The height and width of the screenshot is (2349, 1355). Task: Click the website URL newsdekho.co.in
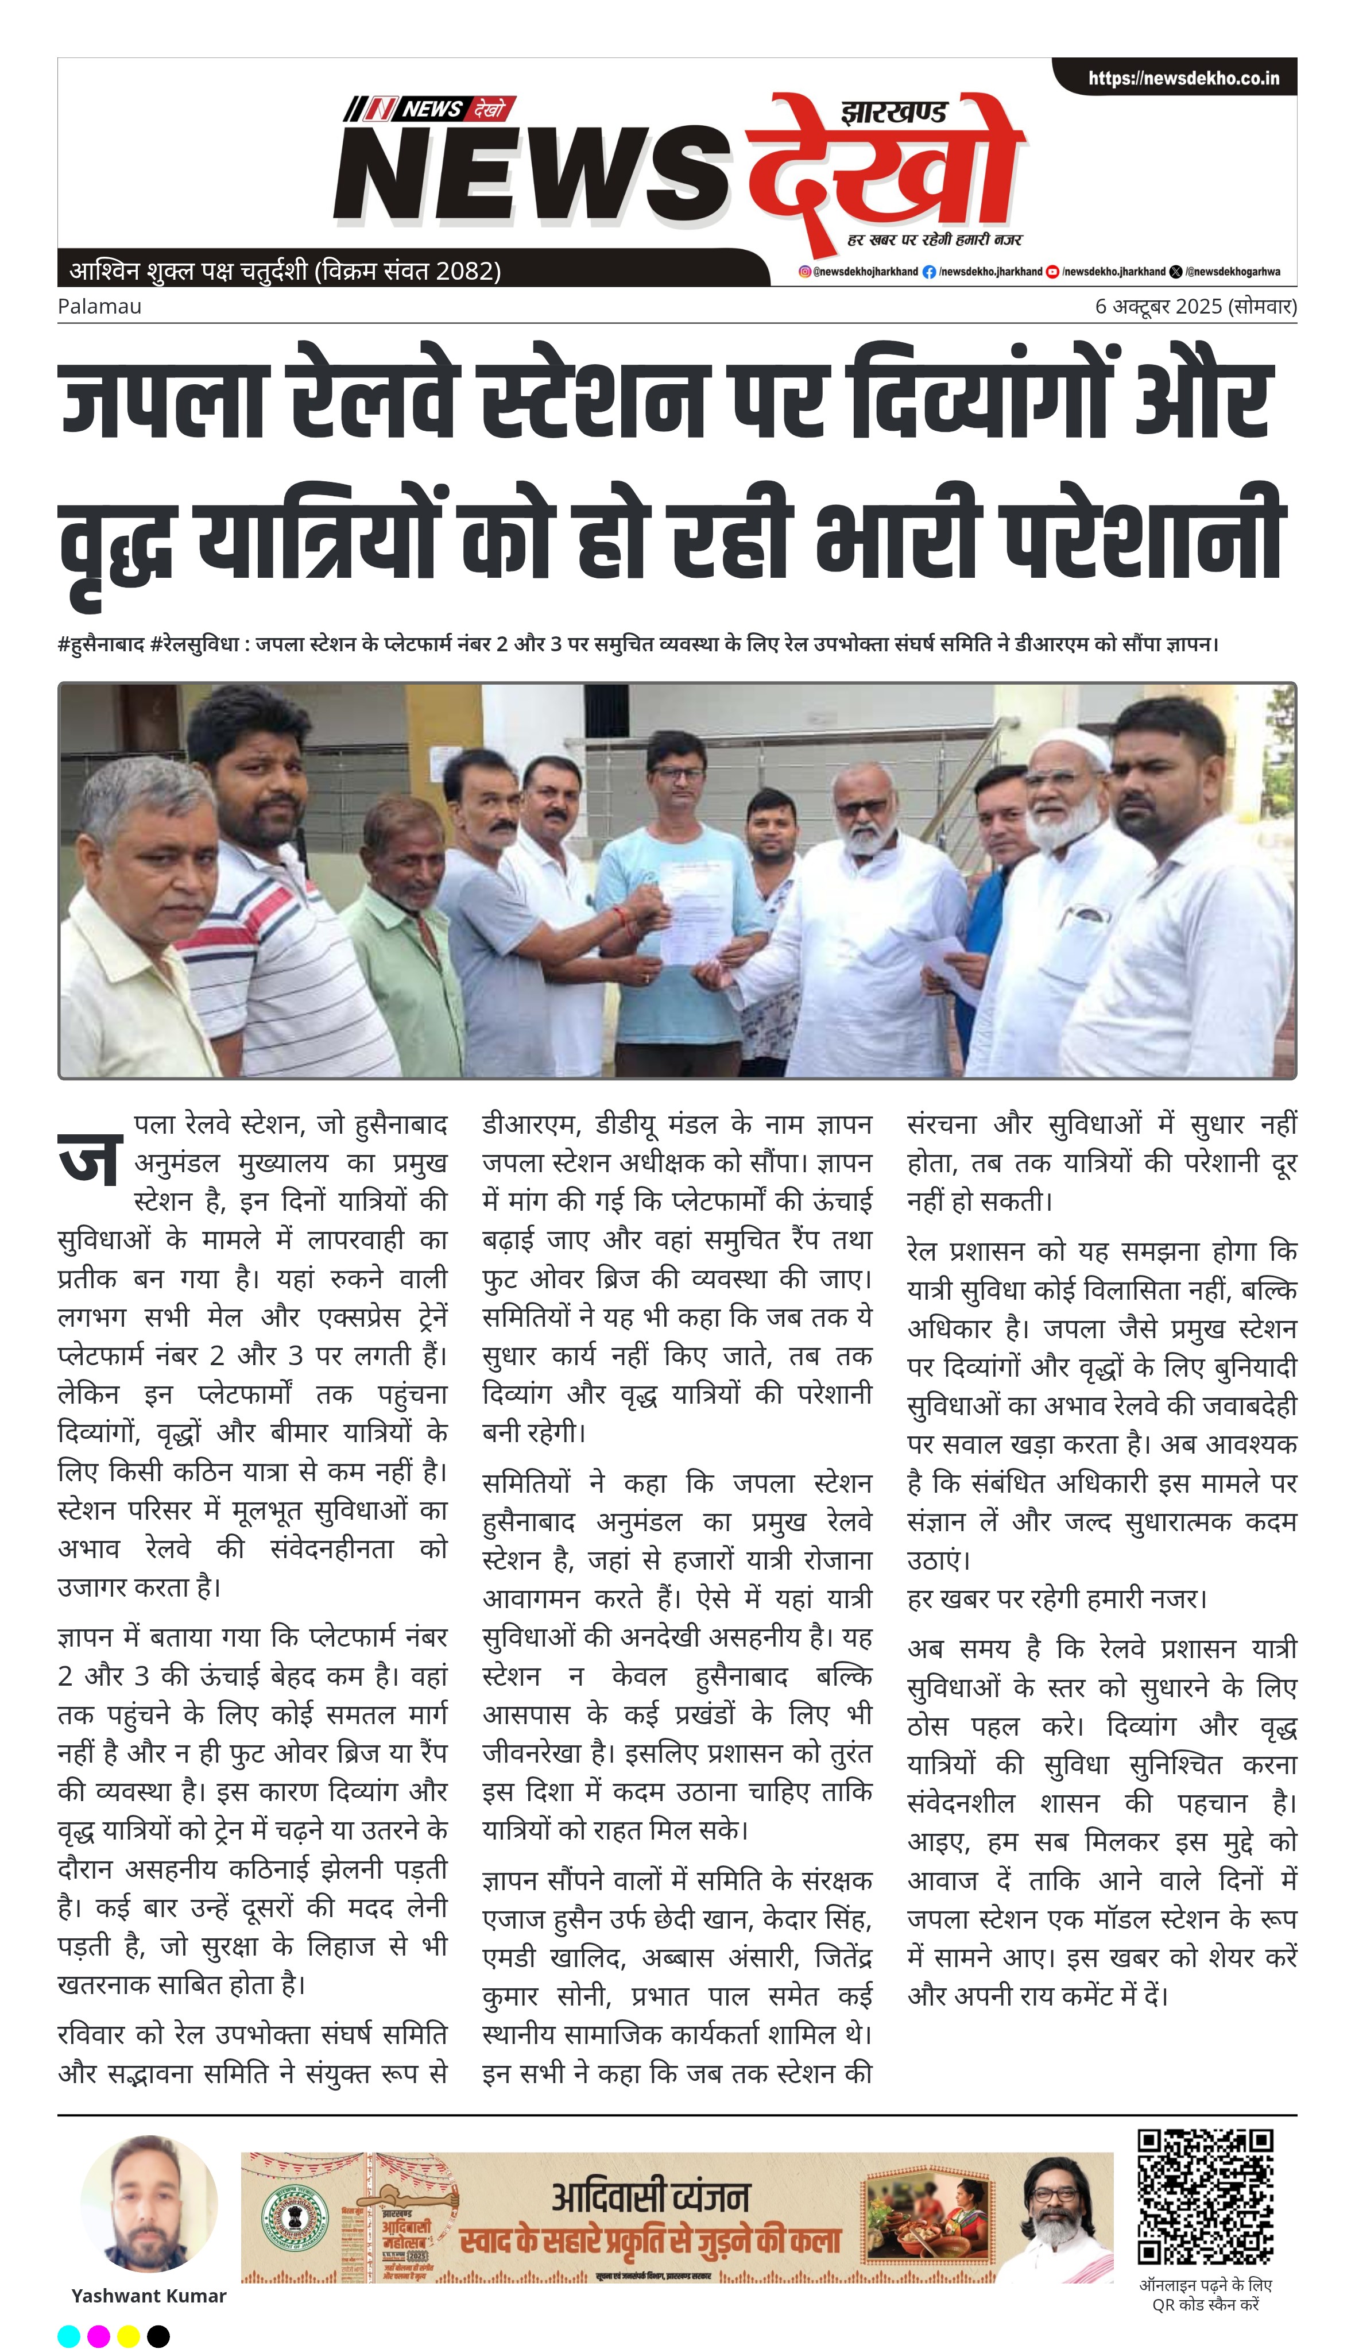tap(1184, 78)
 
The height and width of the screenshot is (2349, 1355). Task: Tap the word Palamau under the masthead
tap(99, 306)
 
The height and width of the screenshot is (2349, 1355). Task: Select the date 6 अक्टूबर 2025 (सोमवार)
tap(1195, 306)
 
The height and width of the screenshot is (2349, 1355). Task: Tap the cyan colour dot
tap(69, 2335)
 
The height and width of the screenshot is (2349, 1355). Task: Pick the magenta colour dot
tap(99, 2335)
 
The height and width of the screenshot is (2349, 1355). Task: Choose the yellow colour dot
tap(129, 2335)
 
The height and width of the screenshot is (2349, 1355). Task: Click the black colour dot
tap(158, 2335)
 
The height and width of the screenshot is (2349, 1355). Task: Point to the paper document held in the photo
tap(688, 912)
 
